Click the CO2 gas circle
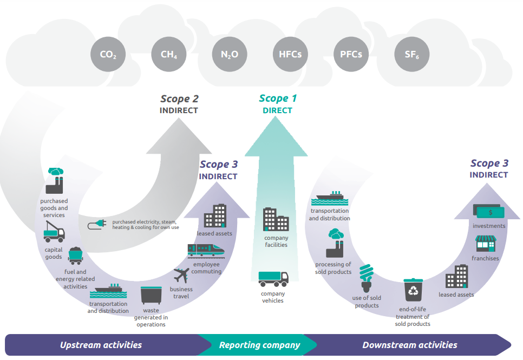(x=108, y=54)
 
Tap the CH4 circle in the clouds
(x=169, y=54)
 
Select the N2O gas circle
(x=230, y=54)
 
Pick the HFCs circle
(x=290, y=54)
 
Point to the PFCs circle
(x=351, y=54)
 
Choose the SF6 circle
(x=412, y=54)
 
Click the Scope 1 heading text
(x=278, y=99)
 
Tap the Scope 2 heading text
(x=179, y=99)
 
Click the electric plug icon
(x=97, y=224)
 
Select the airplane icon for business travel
(x=181, y=275)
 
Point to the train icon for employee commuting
(x=206, y=251)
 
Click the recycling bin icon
(x=413, y=290)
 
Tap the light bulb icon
(x=367, y=278)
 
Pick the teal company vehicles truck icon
(x=273, y=279)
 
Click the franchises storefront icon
(x=486, y=244)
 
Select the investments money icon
(x=489, y=211)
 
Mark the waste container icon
(x=151, y=295)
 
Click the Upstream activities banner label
(x=101, y=345)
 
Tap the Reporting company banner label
(x=259, y=345)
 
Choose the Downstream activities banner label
(x=410, y=345)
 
